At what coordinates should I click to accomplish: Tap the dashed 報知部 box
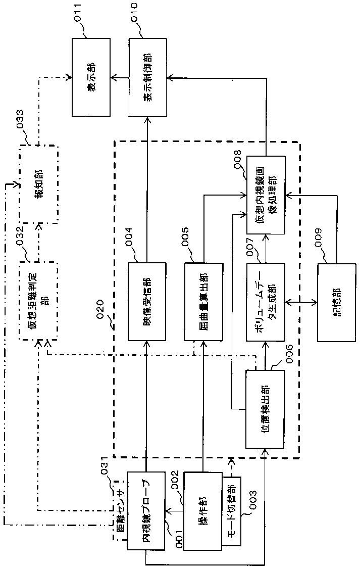39,184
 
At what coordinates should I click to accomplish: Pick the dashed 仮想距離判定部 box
38,301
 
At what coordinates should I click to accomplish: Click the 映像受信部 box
147,301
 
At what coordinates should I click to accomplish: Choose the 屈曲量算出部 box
203,301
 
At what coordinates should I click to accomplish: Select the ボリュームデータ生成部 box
265,301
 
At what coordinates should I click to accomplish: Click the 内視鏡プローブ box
146,511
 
